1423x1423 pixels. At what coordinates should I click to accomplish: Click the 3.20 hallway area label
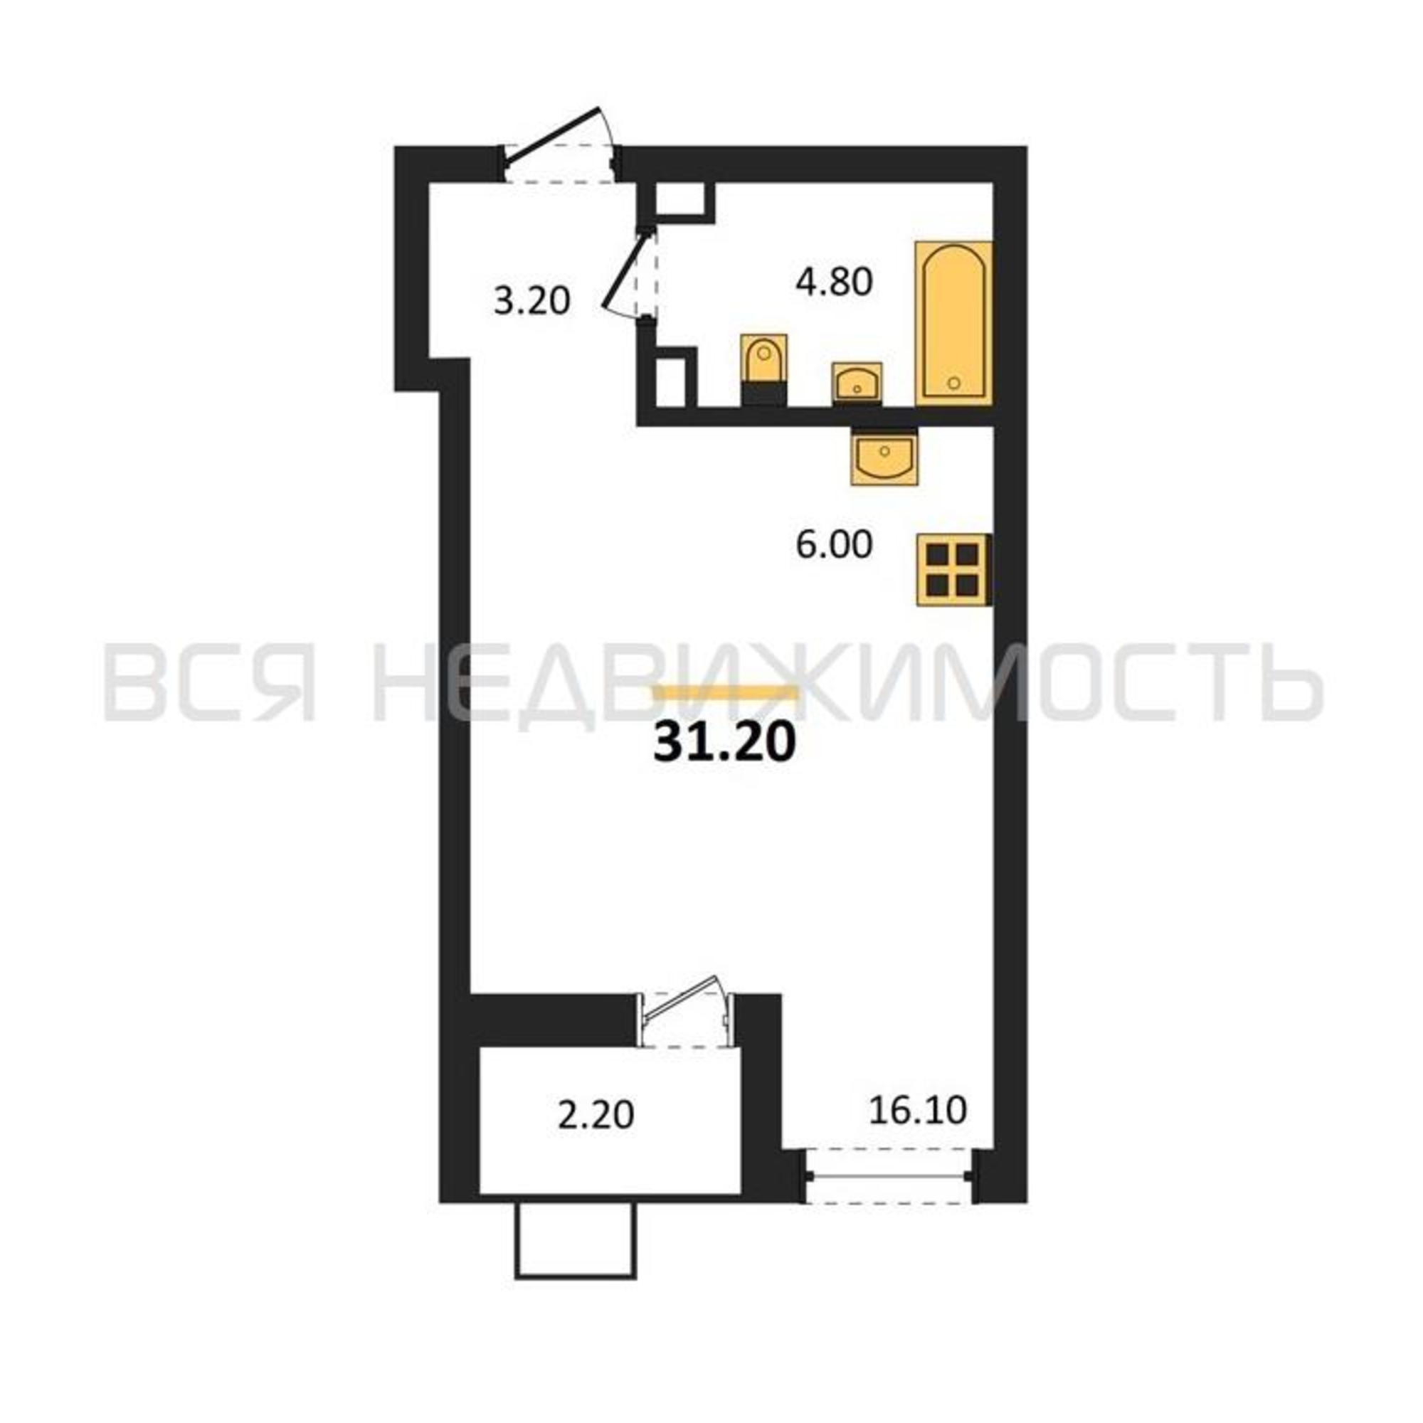[531, 301]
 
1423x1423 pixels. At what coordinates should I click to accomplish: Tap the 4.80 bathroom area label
[834, 282]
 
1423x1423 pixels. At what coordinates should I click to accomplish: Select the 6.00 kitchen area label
[834, 546]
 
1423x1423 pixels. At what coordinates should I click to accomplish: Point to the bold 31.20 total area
[725, 745]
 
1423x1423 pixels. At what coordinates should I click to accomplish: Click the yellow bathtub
[953, 322]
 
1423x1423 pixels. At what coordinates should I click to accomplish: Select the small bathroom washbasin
[857, 382]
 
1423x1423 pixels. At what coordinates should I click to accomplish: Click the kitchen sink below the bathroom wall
[884, 455]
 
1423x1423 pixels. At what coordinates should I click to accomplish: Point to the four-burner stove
[953, 570]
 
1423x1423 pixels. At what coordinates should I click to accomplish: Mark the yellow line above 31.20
[725, 691]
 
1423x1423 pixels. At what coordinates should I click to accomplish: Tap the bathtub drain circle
[954, 382]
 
